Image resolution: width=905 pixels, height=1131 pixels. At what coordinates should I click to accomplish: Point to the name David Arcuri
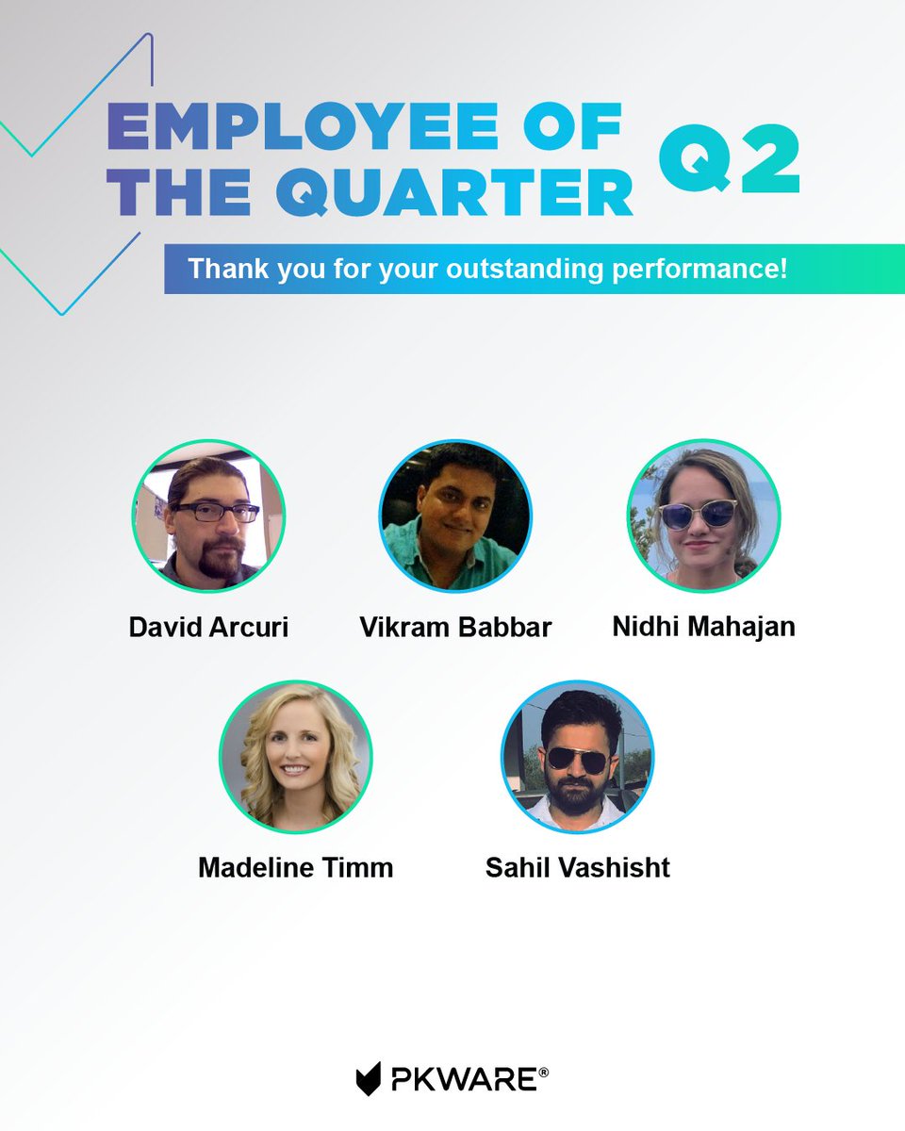(208, 627)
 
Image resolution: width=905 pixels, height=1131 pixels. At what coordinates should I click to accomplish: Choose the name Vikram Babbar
(455, 627)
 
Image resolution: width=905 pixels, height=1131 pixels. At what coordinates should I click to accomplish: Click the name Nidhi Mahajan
(703, 627)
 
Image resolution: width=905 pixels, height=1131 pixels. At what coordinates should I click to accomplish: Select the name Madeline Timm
(295, 867)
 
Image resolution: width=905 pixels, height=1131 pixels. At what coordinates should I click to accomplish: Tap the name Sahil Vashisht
(577, 867)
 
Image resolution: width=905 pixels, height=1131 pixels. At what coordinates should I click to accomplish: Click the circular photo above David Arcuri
(208, 516)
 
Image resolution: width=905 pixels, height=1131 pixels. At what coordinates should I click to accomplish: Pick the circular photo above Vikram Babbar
(455, 516)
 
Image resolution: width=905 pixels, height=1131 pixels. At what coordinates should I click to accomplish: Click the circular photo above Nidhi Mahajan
(703, 516)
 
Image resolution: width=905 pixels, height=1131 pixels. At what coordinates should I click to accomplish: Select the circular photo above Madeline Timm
(295, 758)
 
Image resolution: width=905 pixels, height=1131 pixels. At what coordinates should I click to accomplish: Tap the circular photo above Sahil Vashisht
(577, 758)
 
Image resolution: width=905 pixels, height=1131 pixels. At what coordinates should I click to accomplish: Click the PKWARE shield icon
(369, 1078)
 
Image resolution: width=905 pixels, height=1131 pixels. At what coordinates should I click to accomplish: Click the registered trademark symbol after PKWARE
(544, 1072)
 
